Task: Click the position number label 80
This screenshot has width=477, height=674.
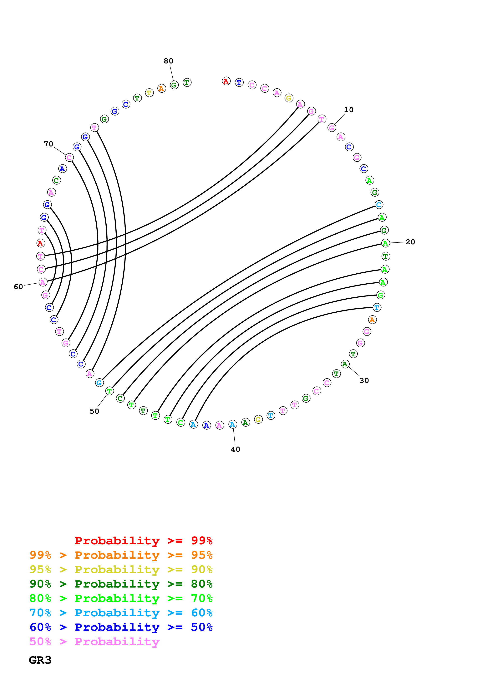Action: tap(168, 61)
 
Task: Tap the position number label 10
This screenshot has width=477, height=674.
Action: tap(349, 110)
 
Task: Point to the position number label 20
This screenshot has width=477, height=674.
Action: tap(410, 242)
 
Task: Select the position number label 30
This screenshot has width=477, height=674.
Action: tap(364, 380)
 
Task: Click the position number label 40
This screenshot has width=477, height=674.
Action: tap(235, 449)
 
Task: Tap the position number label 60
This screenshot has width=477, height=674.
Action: tap(18, 287)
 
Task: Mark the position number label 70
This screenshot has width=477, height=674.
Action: tap(48, 144)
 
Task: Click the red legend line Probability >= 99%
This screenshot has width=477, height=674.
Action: tap(143, 540)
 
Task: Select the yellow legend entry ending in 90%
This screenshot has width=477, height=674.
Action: tap(121, 569)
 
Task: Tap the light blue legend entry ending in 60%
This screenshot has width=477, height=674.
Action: tap(121, 613)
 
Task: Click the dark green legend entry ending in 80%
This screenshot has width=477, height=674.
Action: tap(121, 584)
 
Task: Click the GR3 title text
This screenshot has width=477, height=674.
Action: tap(40, 660)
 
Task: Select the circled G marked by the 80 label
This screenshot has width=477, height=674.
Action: tap(174, 85)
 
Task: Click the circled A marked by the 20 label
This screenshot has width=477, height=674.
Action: tap(385, 243)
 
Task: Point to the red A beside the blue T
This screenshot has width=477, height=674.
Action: tap(226, 81)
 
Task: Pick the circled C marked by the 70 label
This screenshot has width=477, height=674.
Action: tap(69, 158)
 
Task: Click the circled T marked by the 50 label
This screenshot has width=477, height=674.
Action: tap(109, 391)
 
